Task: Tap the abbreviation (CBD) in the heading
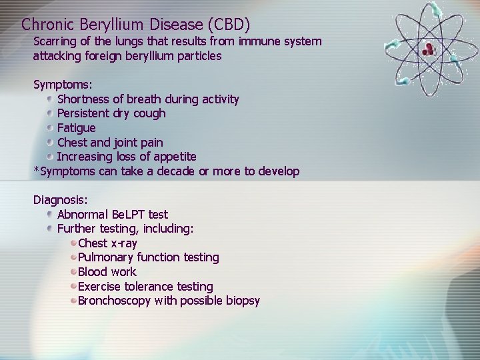click(229, 25)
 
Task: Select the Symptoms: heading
click(63, 85)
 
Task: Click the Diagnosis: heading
click(60, 199)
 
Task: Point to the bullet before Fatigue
click(51, 127)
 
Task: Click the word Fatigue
click(76, 127)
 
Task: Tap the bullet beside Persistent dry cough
click(51, 113)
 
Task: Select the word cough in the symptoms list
click(149, 113)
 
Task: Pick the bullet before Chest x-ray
click(73, 243)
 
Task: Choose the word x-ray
click(124, 243)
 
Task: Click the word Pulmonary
click(105, 257)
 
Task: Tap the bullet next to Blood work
click(73, 272)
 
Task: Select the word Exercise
click(99, 287)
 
